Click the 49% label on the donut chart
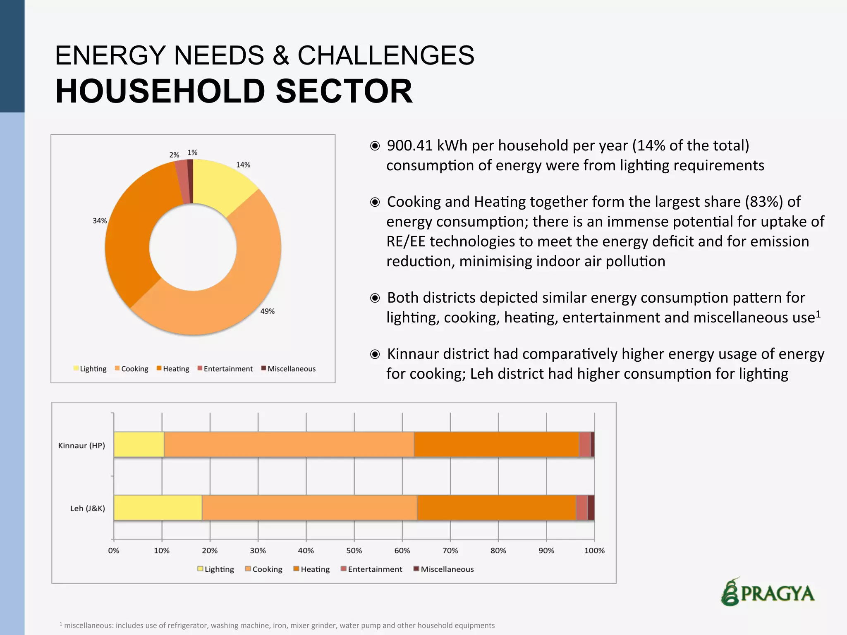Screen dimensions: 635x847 click(267, 311)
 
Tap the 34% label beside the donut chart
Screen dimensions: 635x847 click(100, 221)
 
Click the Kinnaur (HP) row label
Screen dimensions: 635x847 click(81, 446)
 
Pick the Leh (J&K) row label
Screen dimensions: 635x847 click(87, 508)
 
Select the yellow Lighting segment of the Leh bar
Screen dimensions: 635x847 click(158, 508)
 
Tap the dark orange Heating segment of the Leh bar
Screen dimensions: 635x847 click(496, 508)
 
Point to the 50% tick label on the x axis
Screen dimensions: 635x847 click(354, 551)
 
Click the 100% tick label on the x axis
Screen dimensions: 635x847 click(594, 551)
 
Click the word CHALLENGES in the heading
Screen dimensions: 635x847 click(385, 55)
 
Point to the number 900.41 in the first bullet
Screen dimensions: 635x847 click(409, 146)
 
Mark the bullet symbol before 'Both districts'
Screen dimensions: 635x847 click(375, 298)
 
